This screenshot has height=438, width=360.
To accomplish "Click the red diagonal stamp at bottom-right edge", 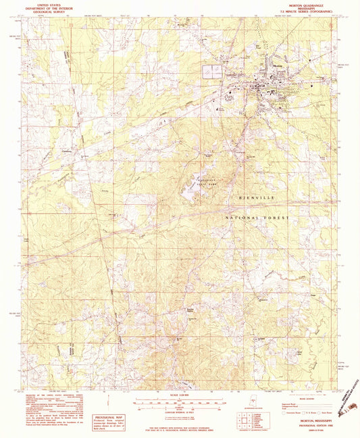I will point(347,403).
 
